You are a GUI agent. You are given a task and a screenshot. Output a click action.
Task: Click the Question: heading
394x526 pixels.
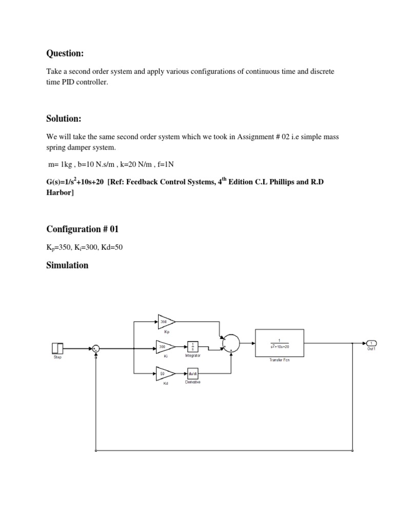65,54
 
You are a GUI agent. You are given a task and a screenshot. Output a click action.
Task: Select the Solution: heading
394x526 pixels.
64,119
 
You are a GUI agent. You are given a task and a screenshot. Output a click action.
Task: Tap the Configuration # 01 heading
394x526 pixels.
82,229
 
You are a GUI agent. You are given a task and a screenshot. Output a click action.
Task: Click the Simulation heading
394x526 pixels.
67,265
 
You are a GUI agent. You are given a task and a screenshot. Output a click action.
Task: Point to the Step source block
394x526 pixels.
57,348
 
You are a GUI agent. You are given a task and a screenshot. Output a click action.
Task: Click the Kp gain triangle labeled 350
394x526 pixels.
165,322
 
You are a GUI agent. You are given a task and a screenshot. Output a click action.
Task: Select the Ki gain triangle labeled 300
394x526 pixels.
165,348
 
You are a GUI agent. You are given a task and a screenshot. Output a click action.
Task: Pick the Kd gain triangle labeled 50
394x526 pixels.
165,373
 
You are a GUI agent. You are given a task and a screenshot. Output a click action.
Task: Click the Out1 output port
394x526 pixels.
371,343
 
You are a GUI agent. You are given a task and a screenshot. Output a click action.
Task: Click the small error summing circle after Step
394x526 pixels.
96,348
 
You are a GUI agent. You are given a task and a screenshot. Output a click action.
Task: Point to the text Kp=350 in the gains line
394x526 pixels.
60,248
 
